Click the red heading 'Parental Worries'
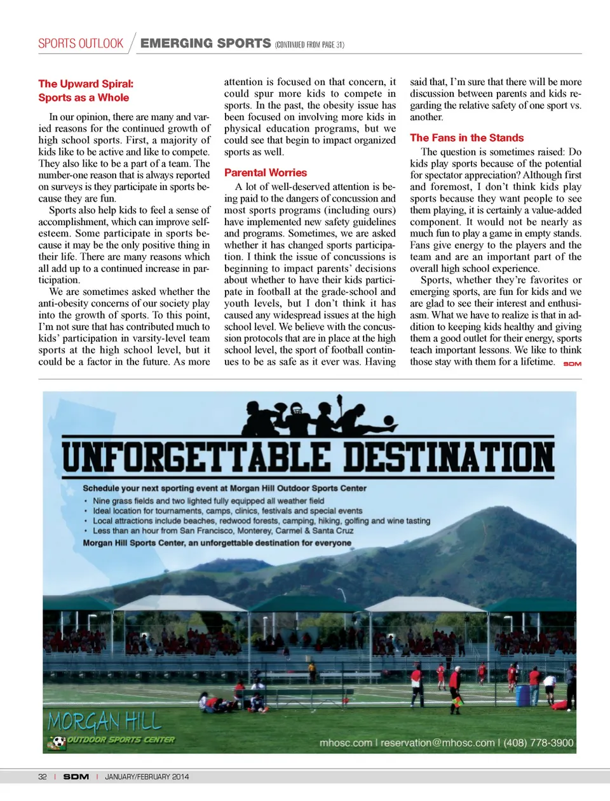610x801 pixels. [x=265, y=172]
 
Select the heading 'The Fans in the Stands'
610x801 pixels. [x=466, y=137]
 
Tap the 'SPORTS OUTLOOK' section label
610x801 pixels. [x=81, y=43]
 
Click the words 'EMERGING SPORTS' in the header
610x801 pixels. [x=205, y=43]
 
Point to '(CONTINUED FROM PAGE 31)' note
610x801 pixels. [x=309, y=44]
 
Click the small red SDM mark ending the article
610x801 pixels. [x=572, y=364]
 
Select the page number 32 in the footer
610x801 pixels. [x=43, y=776]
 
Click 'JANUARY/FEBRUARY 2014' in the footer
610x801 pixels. [x=147, y=776]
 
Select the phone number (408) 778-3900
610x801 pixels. [x=538, y=743]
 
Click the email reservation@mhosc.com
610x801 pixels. [x=437, y=743]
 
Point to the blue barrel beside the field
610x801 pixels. [x=522, y=695]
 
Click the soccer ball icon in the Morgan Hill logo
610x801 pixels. [x=58, y=742]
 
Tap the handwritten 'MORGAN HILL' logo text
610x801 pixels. [x=104, y=722]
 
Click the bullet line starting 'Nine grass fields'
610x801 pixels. [x=208, y=501]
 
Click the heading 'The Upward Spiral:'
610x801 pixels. [x=86, y=84]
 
